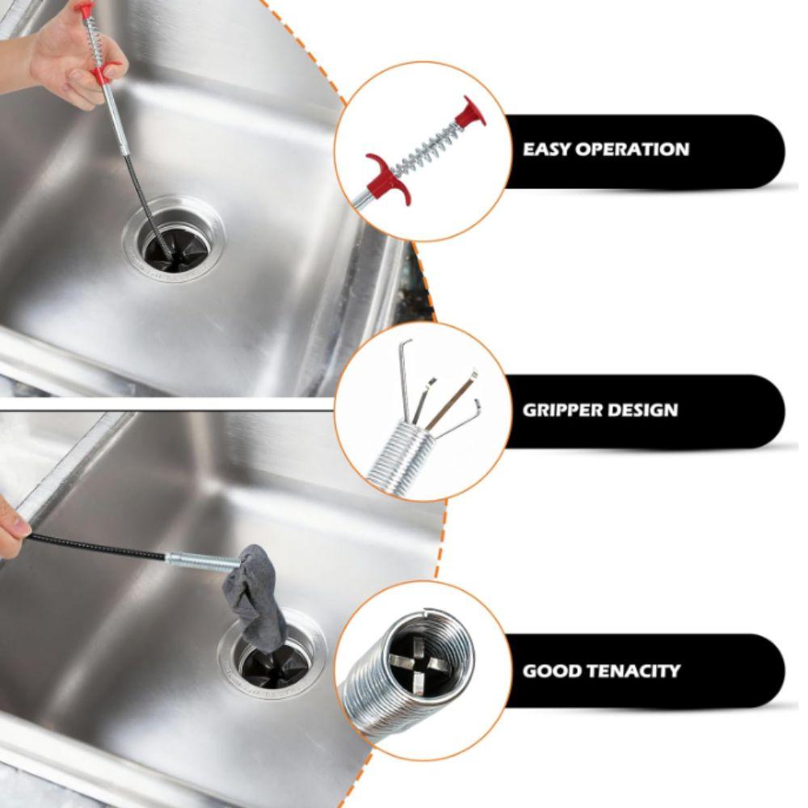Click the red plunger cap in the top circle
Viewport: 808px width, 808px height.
coord(469,112)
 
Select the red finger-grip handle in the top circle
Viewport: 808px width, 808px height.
coord(387,177)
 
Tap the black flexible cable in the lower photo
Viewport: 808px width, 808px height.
coord(97,546)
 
